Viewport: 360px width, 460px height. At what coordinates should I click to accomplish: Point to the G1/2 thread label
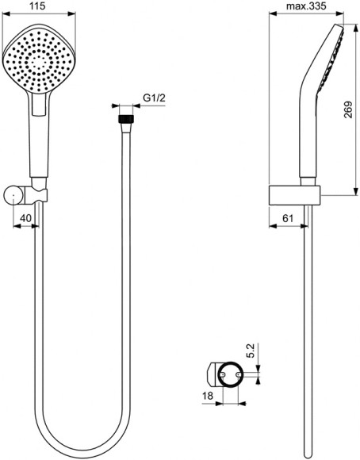click(153, 99)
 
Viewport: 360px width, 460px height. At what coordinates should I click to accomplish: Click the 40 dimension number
click(25, 217)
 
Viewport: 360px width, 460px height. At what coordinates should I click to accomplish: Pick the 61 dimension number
click(288, 217)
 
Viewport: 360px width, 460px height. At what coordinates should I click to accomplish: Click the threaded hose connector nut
click(123, 121)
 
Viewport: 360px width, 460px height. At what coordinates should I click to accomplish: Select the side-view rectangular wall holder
click(294, 194)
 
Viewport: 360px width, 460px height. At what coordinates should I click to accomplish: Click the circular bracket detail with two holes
click(229, 373)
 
